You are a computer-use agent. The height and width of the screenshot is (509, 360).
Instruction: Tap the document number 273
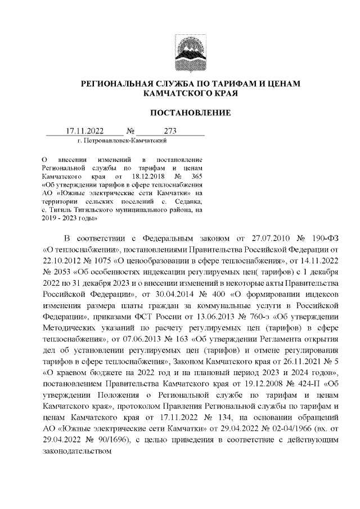pos(170,130)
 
